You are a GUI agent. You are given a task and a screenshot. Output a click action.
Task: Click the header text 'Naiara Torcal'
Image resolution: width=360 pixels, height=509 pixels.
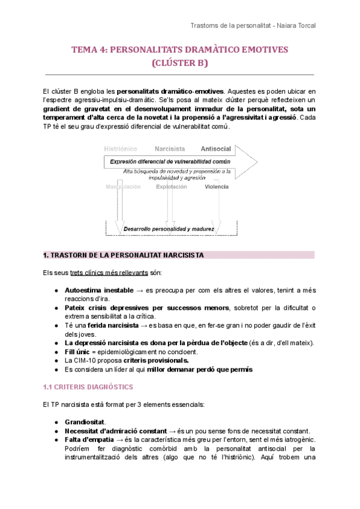point(295,26)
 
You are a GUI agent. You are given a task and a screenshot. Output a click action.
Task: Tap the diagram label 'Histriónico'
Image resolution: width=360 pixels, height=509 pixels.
point(121,148)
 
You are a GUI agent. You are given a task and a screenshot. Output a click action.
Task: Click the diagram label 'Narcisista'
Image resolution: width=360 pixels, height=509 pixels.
point(170,148)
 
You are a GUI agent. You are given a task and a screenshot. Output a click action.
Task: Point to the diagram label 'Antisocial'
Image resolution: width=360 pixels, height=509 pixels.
point(217,148)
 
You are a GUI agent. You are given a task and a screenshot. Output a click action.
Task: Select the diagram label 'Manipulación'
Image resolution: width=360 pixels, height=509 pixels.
point(123,187)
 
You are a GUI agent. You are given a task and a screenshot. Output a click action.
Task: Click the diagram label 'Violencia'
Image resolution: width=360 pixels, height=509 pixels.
point(217,187)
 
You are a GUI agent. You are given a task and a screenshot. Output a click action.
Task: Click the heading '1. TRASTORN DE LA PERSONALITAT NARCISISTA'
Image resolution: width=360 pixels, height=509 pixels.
point(124,255)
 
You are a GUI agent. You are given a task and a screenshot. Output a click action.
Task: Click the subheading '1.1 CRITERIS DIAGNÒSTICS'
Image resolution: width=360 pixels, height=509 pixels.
point(88,387)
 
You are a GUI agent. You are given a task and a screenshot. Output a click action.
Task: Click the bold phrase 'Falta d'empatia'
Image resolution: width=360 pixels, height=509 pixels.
point(89,439)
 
